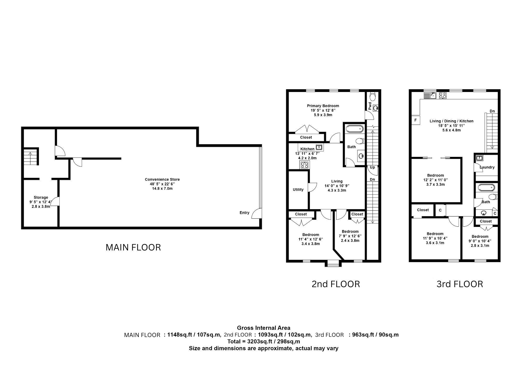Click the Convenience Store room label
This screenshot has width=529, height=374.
pos(162,179)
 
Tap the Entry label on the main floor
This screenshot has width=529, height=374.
pos(244,213)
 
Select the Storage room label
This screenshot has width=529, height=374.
pos(41,197)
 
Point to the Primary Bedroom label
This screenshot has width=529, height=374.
pos(323,106)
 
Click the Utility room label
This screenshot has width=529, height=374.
pos(298,189)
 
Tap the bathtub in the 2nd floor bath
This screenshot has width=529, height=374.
pos(354,129)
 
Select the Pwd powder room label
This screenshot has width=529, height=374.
pos(370,106)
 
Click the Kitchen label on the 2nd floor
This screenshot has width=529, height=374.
pos(307,149)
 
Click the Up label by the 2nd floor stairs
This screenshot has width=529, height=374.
pos(372,167)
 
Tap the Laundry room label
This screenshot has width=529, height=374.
pos(487,167)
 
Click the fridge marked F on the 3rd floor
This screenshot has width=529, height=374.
pos(416,120)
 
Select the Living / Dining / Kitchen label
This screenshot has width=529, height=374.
pos(451,121)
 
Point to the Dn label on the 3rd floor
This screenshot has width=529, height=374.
pos(492,111)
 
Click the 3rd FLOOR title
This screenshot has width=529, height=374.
pos(460,284)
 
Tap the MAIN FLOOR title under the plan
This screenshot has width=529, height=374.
pos(133,247)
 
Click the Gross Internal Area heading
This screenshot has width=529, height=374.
pos(263,328)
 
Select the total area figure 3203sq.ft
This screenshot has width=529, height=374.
pos(259,341)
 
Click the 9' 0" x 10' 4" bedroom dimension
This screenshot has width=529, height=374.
pos(480,241)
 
